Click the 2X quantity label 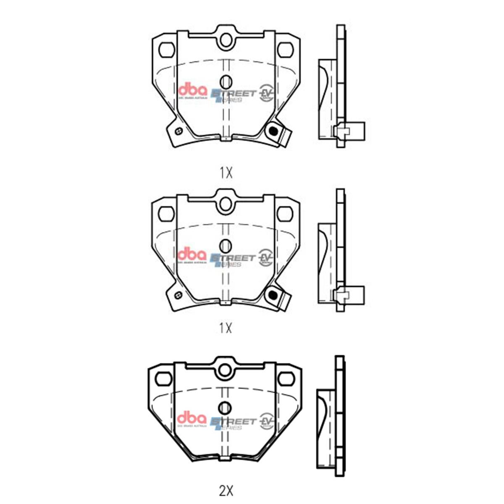[x=226, y=490]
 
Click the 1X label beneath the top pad [x=226, y=173]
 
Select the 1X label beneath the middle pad [x=226, y=328]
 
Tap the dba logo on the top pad [x=193, y=91]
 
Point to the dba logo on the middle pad [x=193, y=255]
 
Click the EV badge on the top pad [x=266, y=92]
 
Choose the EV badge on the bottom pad [x=266, y=420]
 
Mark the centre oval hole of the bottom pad [x=226, y=407]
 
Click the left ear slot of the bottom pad [x=164, y=379]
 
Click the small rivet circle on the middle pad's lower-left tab [x=178, y=294]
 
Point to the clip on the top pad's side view [x=349, y=131]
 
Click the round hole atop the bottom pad [x=226, y=369]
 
